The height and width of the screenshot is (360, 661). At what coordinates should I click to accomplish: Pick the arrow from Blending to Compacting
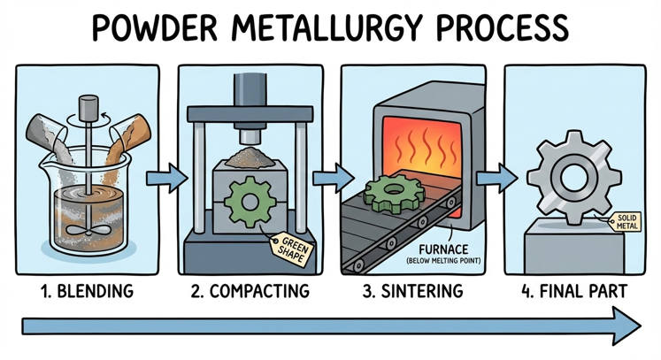(x=172, y=178)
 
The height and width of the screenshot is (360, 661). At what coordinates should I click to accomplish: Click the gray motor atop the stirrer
(x=86, y=109)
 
